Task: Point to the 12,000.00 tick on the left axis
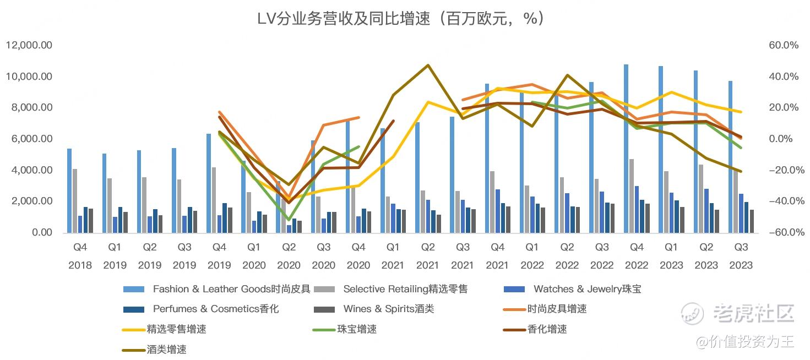tap(29, 45)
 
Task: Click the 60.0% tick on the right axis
tap(783, 45)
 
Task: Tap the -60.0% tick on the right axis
tap(782, 233)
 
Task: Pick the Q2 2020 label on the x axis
tap(289, 256)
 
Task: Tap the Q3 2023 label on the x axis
tap(741, 256)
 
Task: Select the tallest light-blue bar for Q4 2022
tap(626, 149)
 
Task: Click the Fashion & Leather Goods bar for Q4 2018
tap(69, 190)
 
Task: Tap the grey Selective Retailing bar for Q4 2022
tap(632, 196)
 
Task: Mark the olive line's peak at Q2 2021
tap(428, 66)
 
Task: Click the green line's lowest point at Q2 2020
tap(289, 220)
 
